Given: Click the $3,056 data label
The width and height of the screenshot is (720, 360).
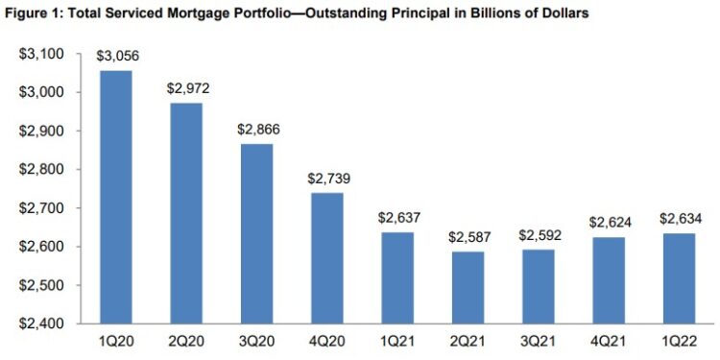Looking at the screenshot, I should click(114, 57).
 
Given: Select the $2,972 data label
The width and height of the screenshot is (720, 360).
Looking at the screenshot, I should click(185, 89).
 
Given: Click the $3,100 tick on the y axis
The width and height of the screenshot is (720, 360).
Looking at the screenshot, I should click(42, 55).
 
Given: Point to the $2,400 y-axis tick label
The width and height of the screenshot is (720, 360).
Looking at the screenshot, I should click(42, 324).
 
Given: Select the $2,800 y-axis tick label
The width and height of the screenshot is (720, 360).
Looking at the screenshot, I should click(42, 170).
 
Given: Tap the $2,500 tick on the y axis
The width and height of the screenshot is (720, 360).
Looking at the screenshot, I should click(42, 286).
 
